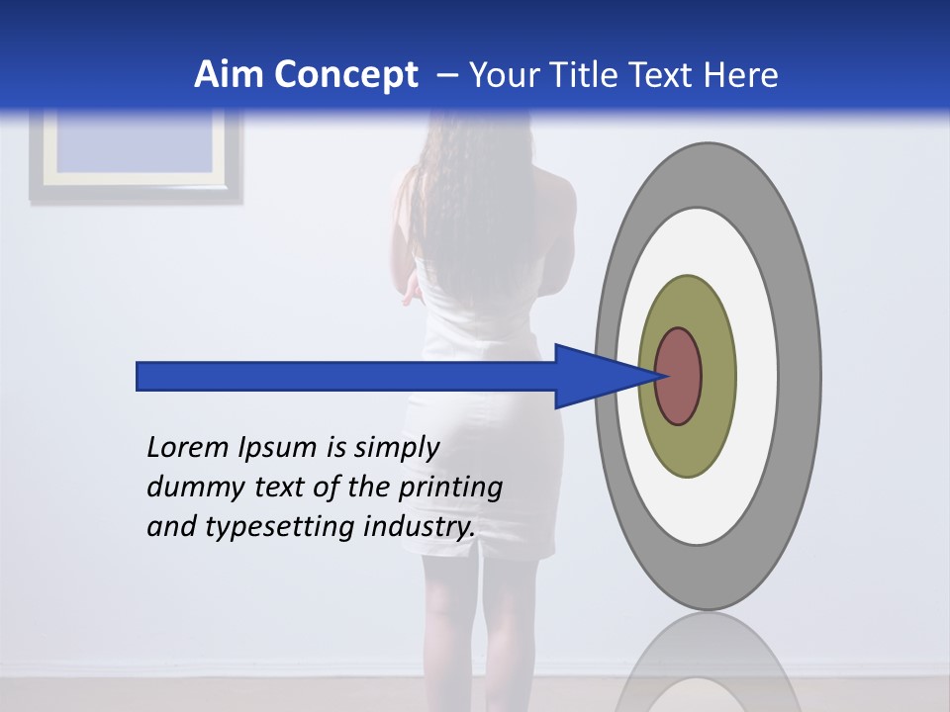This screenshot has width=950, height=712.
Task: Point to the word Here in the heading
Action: point(741,74)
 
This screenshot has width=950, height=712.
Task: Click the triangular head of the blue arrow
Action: point(594,376)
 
